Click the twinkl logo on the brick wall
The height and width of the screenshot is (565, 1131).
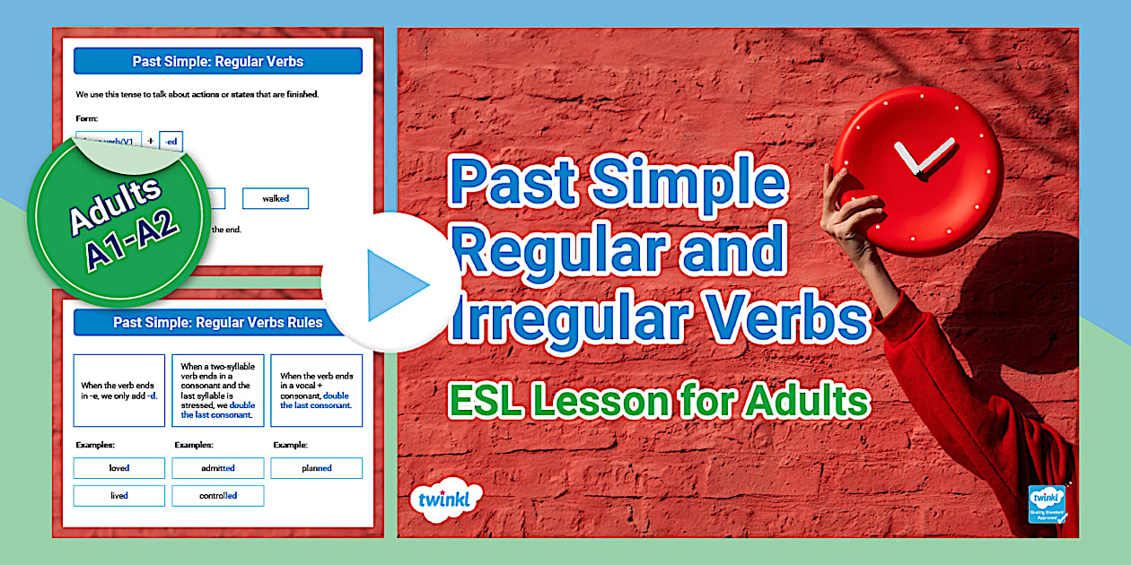click(x=444, y=499)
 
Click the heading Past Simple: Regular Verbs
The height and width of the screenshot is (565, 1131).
click(x=218, y=62)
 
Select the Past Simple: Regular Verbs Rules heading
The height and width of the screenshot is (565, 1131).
click(x=218, y=323)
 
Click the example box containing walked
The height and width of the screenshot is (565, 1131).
click(x=275, y=198)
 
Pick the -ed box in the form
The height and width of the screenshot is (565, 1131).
click(x=171, y=141)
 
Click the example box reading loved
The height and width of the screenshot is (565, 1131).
click(x=119, y=468)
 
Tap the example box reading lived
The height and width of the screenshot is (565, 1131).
click(x=119, y=496)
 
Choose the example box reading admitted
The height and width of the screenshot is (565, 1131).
click(x=218, y=468)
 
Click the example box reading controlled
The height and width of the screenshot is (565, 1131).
click(x=218, y=496)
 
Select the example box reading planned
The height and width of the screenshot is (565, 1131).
click(x=317, y=468)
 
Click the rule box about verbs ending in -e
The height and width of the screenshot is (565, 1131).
click(x=119, y=390)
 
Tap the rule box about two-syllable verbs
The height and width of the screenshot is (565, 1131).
click(x=218, y=390)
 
